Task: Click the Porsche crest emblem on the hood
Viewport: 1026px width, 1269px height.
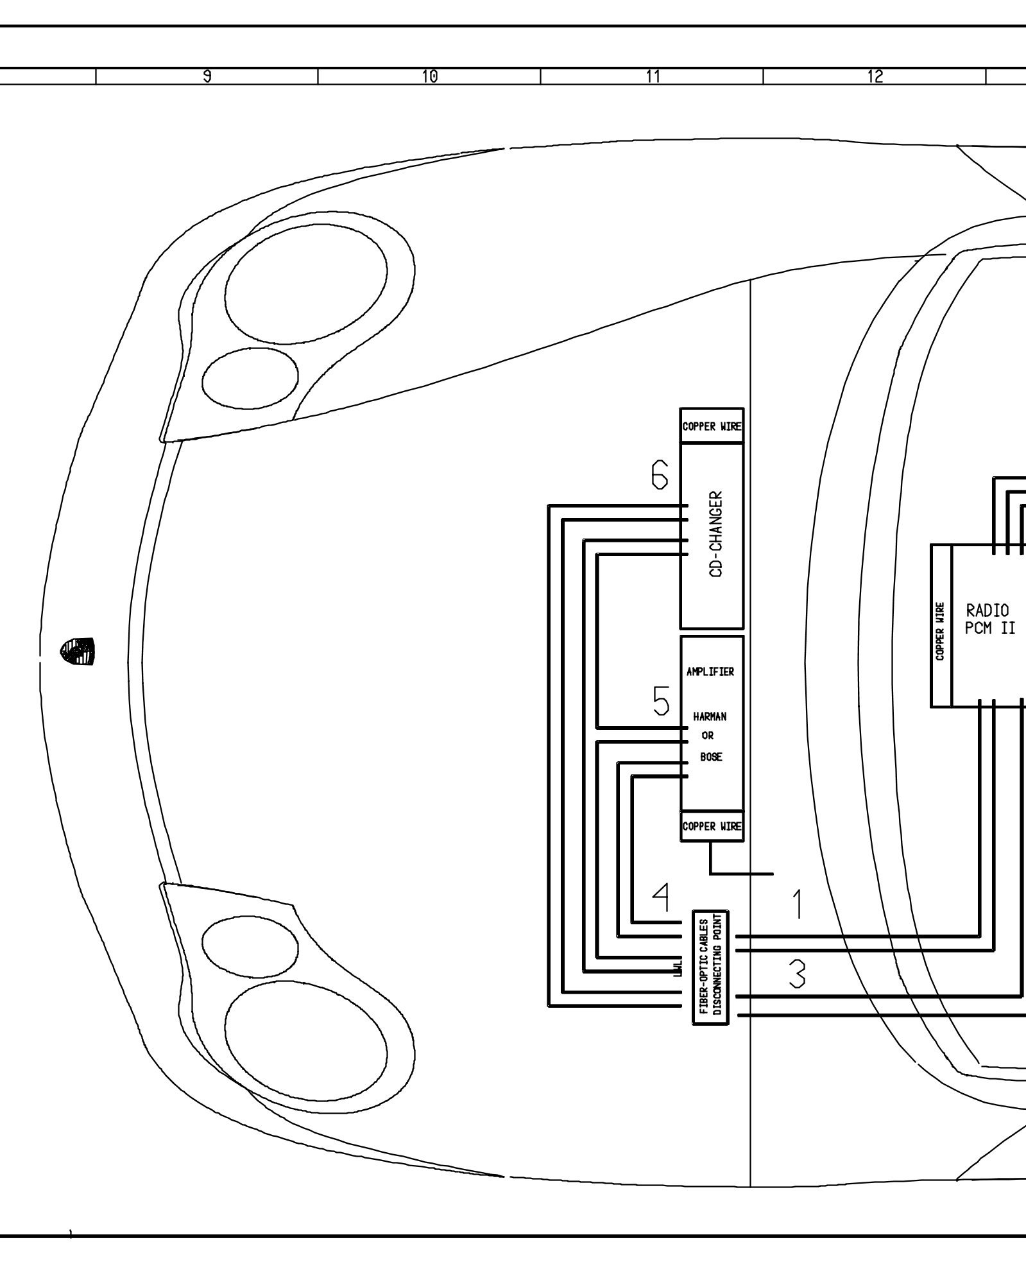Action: [77, 651]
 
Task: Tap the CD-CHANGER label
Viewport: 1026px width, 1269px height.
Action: [717, 535]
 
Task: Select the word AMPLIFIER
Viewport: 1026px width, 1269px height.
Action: [710, 672]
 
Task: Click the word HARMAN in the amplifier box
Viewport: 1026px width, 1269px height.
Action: [710, 716]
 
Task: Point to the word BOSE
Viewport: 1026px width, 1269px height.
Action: [711, 757]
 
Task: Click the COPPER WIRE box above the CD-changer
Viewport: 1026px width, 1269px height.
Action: [712, 426]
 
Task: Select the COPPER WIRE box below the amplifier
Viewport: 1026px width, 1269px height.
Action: [712, 826]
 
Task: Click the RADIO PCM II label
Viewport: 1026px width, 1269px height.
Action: [990, 619]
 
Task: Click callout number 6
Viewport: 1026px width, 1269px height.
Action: [660, 476]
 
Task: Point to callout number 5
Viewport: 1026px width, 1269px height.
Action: [661, 701]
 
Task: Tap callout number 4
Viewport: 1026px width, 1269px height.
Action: [661, 898]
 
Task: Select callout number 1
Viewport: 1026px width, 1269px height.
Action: [798, 904]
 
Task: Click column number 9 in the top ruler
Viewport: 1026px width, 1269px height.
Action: [207, 76]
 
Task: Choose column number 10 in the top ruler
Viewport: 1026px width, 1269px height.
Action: [429, 76]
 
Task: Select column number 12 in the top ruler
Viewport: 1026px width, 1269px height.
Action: [875, 76]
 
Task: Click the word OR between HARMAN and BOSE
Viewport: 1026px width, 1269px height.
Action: [708, 736]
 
